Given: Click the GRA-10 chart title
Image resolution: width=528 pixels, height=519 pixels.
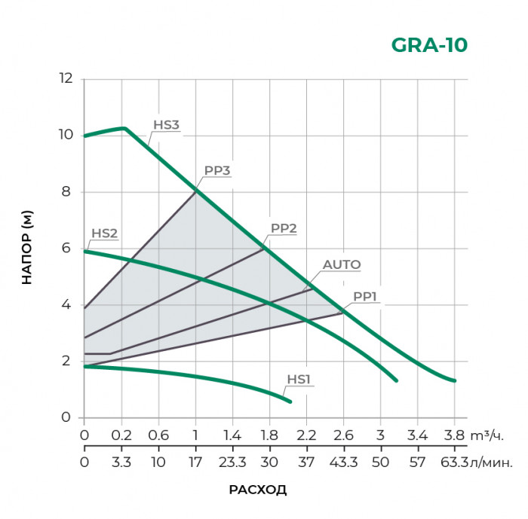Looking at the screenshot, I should tap(429, 45).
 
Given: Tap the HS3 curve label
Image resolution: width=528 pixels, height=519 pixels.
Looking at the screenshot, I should tap(166, 125).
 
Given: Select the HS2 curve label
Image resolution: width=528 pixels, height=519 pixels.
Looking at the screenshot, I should tap(104, 233).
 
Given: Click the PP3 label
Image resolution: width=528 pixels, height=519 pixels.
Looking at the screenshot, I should tap(216, 170).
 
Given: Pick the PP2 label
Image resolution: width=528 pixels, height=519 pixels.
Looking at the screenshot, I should tap(284, 227).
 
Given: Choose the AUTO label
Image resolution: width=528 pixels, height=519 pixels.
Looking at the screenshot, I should tap(342, 264).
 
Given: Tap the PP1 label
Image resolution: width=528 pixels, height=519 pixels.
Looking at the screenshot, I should tap(364, 297).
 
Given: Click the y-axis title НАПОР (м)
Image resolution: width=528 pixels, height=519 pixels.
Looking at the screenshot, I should tap(27, 248).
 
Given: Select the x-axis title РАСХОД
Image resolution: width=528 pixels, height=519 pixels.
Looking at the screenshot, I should tap(258, 490).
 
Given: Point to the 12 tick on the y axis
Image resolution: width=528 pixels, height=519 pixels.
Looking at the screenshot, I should tap(66, 78).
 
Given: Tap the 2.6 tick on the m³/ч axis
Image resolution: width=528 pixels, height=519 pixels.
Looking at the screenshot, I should tap(343, 435).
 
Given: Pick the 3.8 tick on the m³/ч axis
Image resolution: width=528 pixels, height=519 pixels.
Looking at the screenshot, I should tap(454, 435).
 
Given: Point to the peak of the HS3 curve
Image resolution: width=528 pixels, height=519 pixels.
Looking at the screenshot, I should tap(124, 128).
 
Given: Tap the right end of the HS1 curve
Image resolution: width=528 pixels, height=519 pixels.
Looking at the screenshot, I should tap(290, 401).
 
